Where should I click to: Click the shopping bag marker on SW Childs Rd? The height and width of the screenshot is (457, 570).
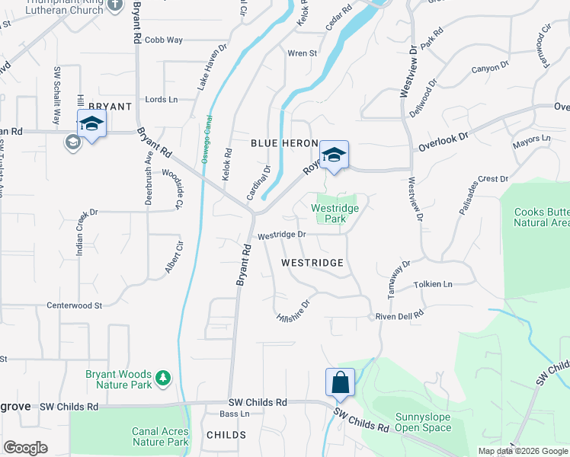(340, 382)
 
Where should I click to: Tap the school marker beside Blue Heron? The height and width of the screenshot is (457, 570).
(333, 155)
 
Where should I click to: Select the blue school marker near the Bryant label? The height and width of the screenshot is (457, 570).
(91, 123)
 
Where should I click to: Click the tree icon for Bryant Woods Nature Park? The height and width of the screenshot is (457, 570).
(162, 378)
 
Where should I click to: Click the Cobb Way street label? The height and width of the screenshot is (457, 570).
(164, 40)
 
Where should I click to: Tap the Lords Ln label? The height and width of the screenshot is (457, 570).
(161, 100)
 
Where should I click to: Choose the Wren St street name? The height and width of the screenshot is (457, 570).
(302, 53)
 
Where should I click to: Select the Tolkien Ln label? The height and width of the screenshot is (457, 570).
(433, 284)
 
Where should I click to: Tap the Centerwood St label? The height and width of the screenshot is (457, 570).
(75, 305)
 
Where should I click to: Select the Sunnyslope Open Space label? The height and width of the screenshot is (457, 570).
(422, 423)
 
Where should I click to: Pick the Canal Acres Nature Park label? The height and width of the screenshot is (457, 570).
(160, 436)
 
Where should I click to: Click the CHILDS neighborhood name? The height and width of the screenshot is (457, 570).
(226, 435)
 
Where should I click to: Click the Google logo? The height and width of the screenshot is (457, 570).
(25, 448)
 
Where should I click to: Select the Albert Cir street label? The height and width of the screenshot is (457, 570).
(175, 259)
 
